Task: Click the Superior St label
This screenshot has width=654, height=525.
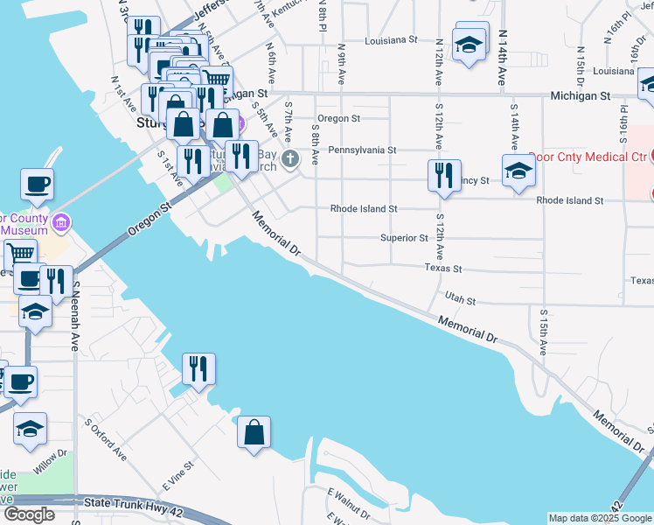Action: tap(404, 238)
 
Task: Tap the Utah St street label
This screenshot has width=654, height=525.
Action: tap(459, 300)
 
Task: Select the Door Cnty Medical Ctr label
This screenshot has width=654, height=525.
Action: tap(589, 157)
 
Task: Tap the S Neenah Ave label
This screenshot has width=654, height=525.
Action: tap(76, 316)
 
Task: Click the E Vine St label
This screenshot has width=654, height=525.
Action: tap(177, 476)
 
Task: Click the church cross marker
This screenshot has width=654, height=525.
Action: tap(290, 158)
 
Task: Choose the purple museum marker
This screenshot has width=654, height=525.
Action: tap(60, 221)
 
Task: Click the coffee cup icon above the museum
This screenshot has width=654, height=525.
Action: tap(37, 185)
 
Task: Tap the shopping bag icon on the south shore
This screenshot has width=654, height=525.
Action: tap(254, 431)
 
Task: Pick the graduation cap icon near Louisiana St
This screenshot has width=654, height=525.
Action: tap(470, 44)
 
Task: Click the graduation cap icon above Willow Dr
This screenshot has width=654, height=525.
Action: tap(31, 429)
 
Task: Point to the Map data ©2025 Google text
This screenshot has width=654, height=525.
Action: tap(600, 518)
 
